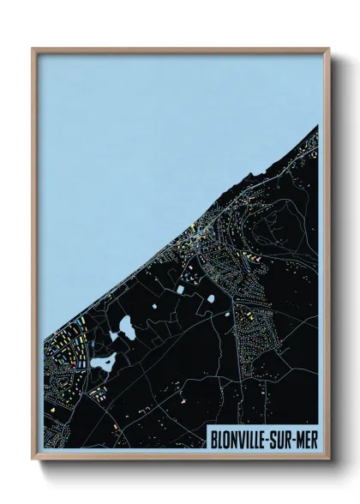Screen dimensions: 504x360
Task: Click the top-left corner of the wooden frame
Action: click(x=33, y=49)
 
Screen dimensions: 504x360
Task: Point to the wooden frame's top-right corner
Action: click(x=327, y=49)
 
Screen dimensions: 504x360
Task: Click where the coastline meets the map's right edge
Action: click(x=318, y=126)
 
